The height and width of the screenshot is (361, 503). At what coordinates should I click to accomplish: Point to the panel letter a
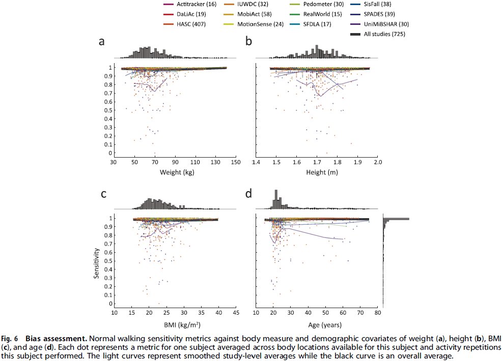pos(102,42)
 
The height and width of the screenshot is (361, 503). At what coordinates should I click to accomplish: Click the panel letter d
pos(249,194)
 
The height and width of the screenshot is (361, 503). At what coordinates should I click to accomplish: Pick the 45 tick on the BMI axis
pos(236,313)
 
